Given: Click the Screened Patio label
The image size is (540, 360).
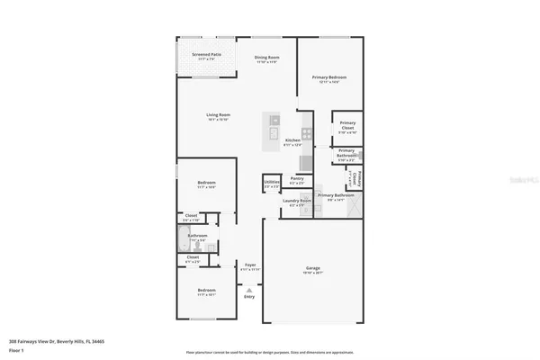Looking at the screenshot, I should (206, 55).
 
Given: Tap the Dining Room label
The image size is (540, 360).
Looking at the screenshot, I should (267, 58).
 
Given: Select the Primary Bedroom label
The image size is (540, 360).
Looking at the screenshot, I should (329, 77).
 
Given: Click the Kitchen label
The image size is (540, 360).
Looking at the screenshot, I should (292, 140).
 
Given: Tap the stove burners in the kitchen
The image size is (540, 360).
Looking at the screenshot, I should (306, 133).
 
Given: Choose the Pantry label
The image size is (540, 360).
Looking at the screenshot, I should (296, 178).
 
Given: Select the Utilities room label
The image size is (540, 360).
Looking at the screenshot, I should (272, 183).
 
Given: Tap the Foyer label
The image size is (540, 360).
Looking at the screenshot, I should (250, 265).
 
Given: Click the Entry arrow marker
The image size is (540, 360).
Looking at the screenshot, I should (248, 291).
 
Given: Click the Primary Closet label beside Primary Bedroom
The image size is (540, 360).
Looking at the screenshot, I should (346, 127).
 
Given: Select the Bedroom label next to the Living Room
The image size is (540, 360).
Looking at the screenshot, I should (206, 183).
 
